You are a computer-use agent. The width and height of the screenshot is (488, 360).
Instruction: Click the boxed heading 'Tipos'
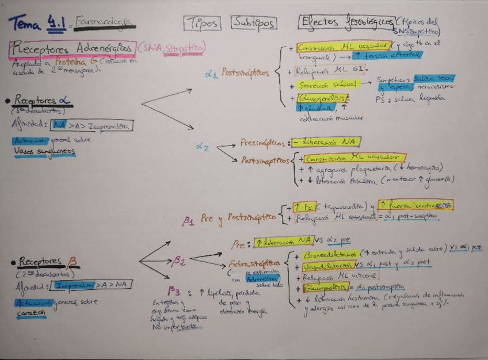201,22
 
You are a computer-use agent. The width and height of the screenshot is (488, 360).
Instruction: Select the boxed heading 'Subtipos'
254,22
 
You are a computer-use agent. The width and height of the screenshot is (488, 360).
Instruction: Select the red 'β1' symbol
189,220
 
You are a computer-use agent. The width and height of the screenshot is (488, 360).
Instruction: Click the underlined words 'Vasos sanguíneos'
44,151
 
